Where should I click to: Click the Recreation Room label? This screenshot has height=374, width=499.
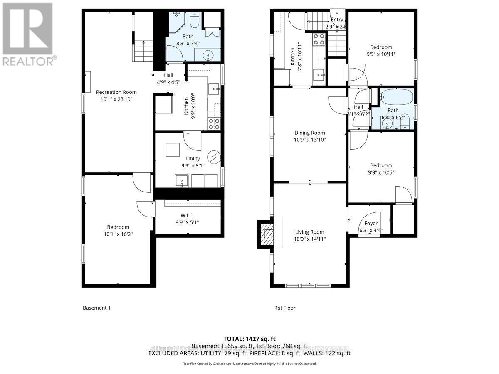(x=116, y=92)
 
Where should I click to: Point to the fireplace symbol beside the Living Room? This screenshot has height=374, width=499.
(x=266, y=234)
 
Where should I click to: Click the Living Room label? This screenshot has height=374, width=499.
(x=309, y=232)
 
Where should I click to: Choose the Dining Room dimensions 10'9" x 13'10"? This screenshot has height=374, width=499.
(x=309, y=140)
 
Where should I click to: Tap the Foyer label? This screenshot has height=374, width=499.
(x=371, y=224)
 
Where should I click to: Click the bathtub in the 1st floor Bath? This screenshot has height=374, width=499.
(x=397, y=96)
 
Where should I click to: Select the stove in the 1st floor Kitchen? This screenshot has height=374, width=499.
(x=319, y=39)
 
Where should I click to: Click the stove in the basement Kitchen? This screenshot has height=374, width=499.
(x=214, y=123)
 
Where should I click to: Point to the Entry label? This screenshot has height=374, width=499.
(x=337, y=20)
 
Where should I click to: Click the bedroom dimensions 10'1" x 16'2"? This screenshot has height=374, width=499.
(x=118, y=234)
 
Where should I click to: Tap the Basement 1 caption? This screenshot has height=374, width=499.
(x=96, y=308)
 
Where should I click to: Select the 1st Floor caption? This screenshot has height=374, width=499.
(x=285, y=308)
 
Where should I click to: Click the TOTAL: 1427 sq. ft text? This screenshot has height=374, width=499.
(x=249, y=339)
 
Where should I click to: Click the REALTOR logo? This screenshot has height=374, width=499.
(x=29, y=33)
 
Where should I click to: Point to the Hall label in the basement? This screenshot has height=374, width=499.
(x=168, y=75)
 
